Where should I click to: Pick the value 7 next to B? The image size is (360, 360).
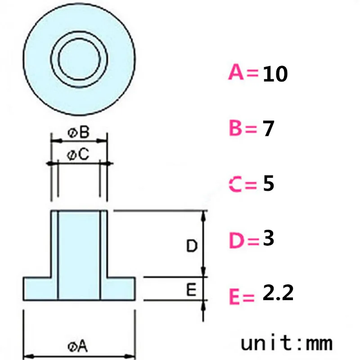point(268,129)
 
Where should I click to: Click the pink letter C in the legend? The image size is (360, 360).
point(236,185)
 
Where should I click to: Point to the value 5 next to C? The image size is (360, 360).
point(268,184)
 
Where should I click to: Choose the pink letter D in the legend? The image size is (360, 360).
point(236,241)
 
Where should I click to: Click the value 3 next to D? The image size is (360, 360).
point(268,238)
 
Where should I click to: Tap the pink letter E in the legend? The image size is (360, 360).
point(235,297)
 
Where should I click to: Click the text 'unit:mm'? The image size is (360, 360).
point(287,343)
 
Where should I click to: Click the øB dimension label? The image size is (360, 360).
point(79,132)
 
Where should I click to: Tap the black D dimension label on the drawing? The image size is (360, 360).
point(192,246)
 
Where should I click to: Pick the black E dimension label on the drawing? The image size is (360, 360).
point(191,290)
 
